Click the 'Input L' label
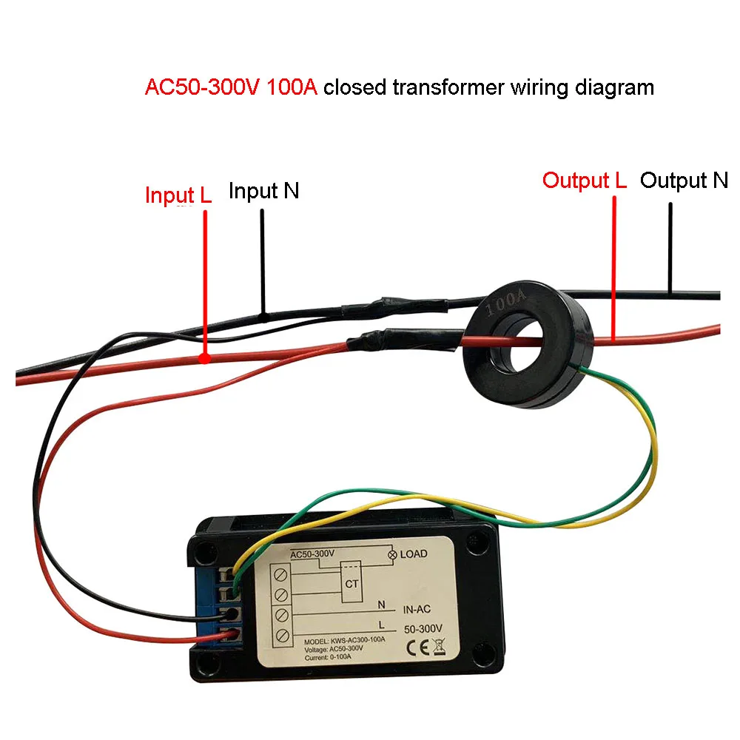(178, 196)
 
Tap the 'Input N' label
(263, 191)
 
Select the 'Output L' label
(584, 181)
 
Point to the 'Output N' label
(684, 180)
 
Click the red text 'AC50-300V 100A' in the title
(231, 87)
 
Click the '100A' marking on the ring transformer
(506, 302)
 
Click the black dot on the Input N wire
(263, 317)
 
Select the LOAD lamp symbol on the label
(391, 554)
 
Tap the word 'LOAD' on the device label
(414, 554)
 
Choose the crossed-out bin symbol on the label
(437, 653)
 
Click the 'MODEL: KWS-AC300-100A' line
(344, 641)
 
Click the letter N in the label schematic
(382, 604)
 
